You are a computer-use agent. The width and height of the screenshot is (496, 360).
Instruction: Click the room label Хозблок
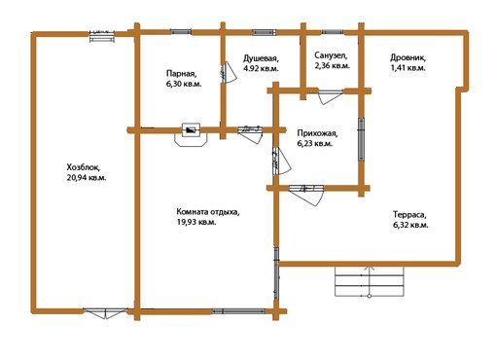pos(84,167)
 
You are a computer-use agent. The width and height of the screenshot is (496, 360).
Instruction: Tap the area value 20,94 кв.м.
pos(87,178)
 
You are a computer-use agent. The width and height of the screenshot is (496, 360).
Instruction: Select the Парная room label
pos(181,74)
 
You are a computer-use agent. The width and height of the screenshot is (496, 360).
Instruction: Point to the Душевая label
pos(261,58)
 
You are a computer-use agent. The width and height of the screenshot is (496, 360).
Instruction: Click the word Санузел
pos(331,55)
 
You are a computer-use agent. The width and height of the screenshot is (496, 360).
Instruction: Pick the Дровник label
pos(407,58)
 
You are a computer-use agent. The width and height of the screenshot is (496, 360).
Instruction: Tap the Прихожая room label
pos(317,133)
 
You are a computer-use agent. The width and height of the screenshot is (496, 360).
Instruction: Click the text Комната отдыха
pos(208,212)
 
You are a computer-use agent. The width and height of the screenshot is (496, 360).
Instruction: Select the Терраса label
pos(410,215)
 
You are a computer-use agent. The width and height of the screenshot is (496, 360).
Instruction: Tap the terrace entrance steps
pos(370,281)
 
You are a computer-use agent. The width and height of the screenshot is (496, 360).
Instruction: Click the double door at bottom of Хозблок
pos(105,312)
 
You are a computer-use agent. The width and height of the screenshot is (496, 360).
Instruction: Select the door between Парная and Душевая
pos(229,73)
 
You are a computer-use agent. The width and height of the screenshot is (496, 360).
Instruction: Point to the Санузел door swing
pos(331,96)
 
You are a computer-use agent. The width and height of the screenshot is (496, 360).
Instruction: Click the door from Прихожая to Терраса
pos(306,195)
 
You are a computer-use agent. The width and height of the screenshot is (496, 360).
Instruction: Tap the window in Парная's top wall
pos(181,32)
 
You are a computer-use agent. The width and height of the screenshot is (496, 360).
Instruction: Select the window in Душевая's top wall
pos(264,32)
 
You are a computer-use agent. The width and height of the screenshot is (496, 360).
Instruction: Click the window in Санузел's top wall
pos(333,32)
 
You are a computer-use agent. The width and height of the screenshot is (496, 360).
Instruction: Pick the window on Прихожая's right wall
pos(361,139)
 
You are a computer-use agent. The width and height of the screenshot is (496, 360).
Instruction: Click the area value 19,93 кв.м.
pos(195,222)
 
